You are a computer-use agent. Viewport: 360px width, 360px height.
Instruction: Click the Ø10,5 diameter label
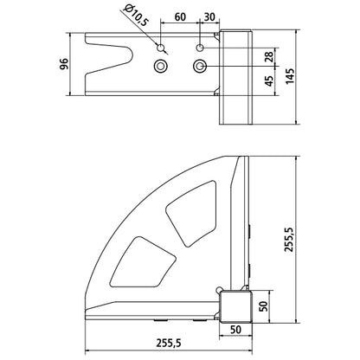pyautogui.click(x=135, y=16)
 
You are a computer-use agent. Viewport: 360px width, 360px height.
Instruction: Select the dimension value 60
pyautogui.click(x=180, y=17)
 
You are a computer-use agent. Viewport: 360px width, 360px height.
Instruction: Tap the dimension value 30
pyautogui.click(x=209, y=17)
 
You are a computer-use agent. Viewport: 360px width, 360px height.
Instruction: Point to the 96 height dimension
pyautogui.click(x=64, y=64)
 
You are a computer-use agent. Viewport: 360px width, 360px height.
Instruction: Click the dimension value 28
pyautogui.click(x=269, y=57)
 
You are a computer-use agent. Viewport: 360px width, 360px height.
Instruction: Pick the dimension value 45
pyautogui.click(x=269, y=81)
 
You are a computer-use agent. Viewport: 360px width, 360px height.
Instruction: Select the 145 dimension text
pyautogui.click(x=290, y=76)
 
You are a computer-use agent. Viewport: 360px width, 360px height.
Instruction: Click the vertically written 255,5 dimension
pyautogui.click(x=289, y=240)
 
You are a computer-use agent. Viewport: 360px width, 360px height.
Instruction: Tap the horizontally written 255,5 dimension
pyautogui.click(x=169, y=343)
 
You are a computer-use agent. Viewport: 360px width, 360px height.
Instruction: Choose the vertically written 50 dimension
pyautogui.click(x=263, y=306)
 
